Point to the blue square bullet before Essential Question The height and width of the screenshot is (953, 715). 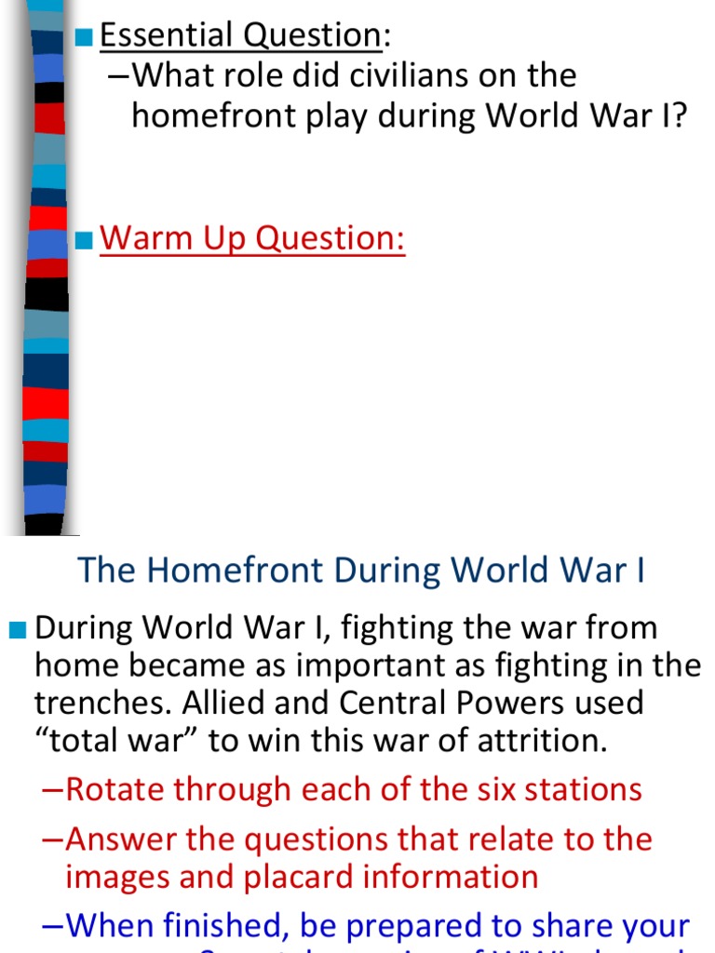click(x=85, y=37)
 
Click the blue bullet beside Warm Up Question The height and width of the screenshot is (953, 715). click(x=85, y=240)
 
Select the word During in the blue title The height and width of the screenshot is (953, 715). click(x=371, y=570)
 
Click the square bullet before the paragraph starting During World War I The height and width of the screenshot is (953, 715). click(x=19, y=630)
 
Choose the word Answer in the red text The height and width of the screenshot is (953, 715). click(x=118, y=839)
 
